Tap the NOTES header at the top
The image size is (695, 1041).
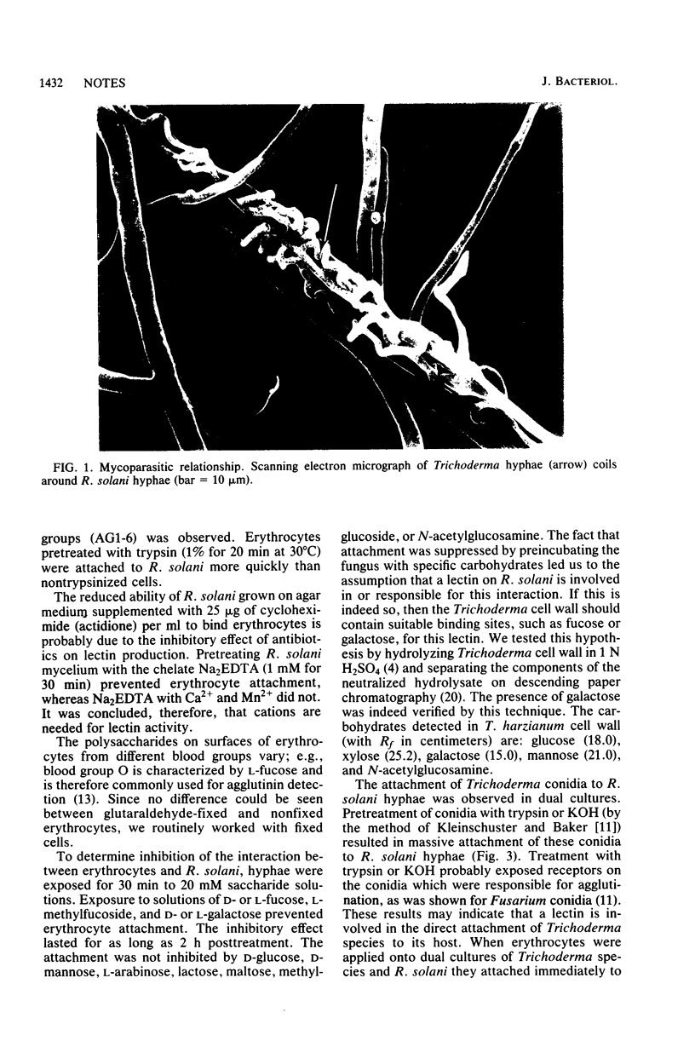click(106, 83)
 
